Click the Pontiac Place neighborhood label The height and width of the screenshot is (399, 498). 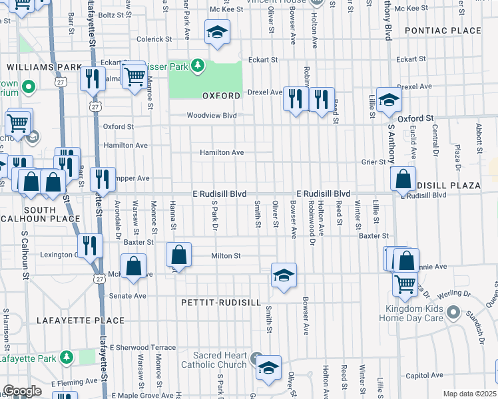click(443, 31)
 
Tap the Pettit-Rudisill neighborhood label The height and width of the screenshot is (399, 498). click(220, 302)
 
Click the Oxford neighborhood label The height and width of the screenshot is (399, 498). click(221, 96)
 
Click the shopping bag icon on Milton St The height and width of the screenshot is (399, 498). click(179, 255)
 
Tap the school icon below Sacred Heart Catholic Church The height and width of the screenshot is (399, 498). click(268, 368)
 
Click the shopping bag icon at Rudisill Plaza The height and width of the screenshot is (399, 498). click(403, 179)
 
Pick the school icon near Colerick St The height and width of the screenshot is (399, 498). click(217, 32)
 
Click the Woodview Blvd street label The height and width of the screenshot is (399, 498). click(212, 115)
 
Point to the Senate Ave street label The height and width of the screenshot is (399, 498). click(127, 296)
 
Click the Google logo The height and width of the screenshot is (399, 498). click(23, 391)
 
